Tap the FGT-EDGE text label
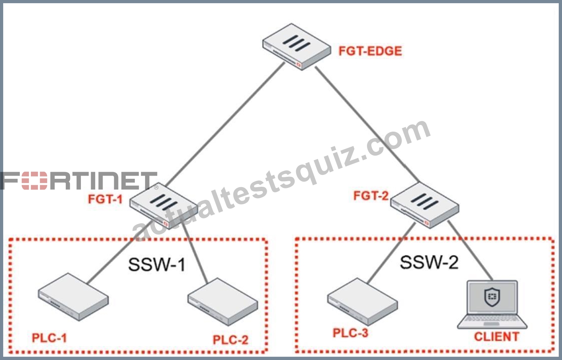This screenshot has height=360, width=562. [370, 51]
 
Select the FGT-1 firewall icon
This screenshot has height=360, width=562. [164, 206]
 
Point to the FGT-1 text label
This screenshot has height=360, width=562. [105, 199]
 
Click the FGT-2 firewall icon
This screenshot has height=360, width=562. [425, 205]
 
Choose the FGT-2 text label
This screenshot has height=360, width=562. [371, 196]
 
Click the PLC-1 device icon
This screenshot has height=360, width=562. [73, 297]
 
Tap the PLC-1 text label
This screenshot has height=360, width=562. [50, 338]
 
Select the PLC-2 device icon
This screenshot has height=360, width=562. [223, 302]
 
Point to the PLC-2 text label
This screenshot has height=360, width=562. [230, 340]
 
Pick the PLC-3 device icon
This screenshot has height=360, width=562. [363, 302]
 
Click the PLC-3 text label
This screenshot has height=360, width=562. [350, 333]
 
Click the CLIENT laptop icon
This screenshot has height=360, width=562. [492, 304]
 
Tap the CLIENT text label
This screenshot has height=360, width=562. [497, 337]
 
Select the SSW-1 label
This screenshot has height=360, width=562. [157, 264]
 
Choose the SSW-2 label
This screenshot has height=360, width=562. [429, 262]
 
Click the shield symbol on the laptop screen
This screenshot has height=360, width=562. [492, 297]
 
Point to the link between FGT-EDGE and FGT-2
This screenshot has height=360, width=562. [367, 124]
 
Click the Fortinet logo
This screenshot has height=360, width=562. [79, 181]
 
